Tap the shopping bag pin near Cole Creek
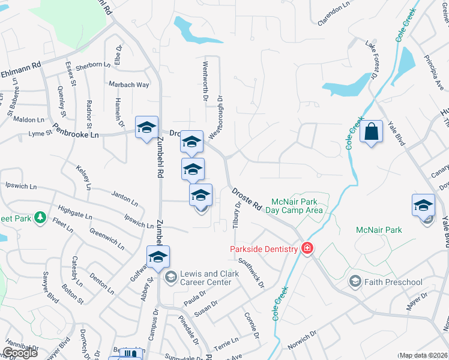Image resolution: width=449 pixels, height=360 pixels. click(x=372, y=131)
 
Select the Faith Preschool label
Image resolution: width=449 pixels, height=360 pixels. click(x=394, y=282)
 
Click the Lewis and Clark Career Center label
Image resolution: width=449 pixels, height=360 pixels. click(x=205, y=278)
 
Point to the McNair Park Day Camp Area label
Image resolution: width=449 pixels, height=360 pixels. click(x=297, y=205)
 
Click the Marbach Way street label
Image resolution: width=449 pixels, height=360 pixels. click(x=129, y=85)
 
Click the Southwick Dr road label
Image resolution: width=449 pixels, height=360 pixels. click(x=251, y=272)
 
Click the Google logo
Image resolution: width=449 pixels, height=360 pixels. click(x=20, y=353)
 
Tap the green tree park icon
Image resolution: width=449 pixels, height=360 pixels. click(x=40, y=217)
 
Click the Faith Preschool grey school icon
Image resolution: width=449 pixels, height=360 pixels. click(x=355, y=282)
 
